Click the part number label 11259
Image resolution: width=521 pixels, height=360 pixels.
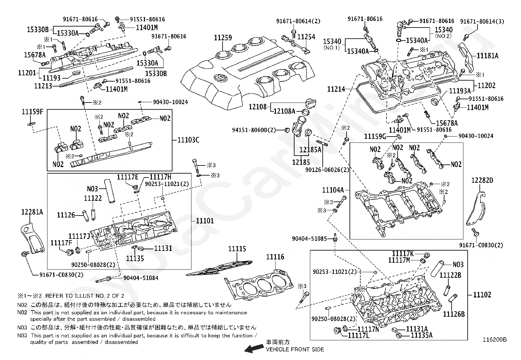(x=223, y=37)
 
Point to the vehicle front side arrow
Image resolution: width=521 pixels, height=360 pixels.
(x=254, y=349)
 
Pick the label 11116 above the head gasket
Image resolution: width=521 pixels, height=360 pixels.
(x=275, y=257)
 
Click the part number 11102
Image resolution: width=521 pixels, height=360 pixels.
(x=482, y=294)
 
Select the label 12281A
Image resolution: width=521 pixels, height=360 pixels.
(x=32, y=212)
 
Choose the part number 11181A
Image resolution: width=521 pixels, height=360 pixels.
(x=488, y=56)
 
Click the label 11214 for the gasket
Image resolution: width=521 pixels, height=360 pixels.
(x=336, y=89)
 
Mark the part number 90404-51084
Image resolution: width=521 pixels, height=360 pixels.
(x=141, y=278)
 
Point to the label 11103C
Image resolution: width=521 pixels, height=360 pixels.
(x=189, y=140)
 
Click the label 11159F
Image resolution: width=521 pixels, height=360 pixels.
(x=33, y=112)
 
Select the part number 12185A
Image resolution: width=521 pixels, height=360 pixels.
(x=310, y=150)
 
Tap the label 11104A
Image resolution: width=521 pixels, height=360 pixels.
(x=333, y=190)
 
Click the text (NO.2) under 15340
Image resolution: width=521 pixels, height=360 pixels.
(x=443, y=36)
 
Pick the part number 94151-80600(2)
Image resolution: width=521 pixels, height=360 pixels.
(x=254, y=130)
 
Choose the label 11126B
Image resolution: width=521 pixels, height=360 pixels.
(x=454, y=314)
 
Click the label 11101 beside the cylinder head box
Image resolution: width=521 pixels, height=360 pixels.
(x=205, y=221)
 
